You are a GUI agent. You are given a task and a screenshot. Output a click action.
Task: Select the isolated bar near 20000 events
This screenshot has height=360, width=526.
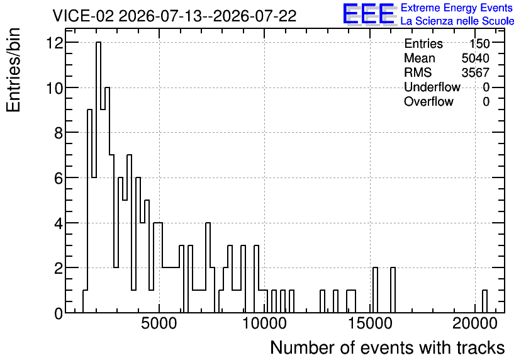pos(484,301)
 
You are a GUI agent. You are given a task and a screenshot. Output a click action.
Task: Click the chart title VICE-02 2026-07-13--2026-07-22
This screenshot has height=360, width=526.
pos(174,16)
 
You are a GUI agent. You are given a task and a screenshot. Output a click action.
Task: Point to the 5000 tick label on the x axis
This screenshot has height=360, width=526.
pos(159,323)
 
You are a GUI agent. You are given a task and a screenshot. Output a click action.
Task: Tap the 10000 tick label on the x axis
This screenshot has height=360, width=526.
pos(264,323)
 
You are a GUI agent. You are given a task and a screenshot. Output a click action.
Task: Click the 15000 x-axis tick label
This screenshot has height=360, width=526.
pos(370,323)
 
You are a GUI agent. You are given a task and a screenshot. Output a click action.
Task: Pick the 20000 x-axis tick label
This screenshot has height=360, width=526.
pos(474,323)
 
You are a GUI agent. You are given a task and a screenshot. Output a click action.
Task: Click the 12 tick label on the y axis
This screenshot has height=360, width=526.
pos(55,43)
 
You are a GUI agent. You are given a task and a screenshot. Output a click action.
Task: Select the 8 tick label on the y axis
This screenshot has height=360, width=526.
pos(59,133)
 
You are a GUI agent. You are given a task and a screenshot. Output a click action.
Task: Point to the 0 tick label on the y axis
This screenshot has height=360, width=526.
pos(59,313)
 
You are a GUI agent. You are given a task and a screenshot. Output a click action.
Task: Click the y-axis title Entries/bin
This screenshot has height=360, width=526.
pos(14,70)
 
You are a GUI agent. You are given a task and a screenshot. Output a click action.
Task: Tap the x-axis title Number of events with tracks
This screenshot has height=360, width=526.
pos(388,347)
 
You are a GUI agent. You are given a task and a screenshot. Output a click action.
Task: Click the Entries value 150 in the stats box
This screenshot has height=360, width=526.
pos(479,43)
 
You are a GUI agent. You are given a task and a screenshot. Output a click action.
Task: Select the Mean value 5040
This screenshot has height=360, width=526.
pos(475,58)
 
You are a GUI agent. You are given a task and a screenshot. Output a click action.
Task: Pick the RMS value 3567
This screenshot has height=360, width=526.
pos(475,72)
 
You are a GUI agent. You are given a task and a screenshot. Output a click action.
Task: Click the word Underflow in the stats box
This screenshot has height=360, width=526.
pos(432,87)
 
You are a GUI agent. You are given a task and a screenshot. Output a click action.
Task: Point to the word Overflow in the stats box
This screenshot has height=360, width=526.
pos(428,101)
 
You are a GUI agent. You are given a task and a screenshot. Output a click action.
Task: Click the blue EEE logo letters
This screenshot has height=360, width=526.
pos(369,14)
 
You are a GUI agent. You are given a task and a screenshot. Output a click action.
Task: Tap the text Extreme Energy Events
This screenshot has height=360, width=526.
pos(457,8)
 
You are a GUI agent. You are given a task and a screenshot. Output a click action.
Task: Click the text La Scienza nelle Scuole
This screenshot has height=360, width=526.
pos(457,21)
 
